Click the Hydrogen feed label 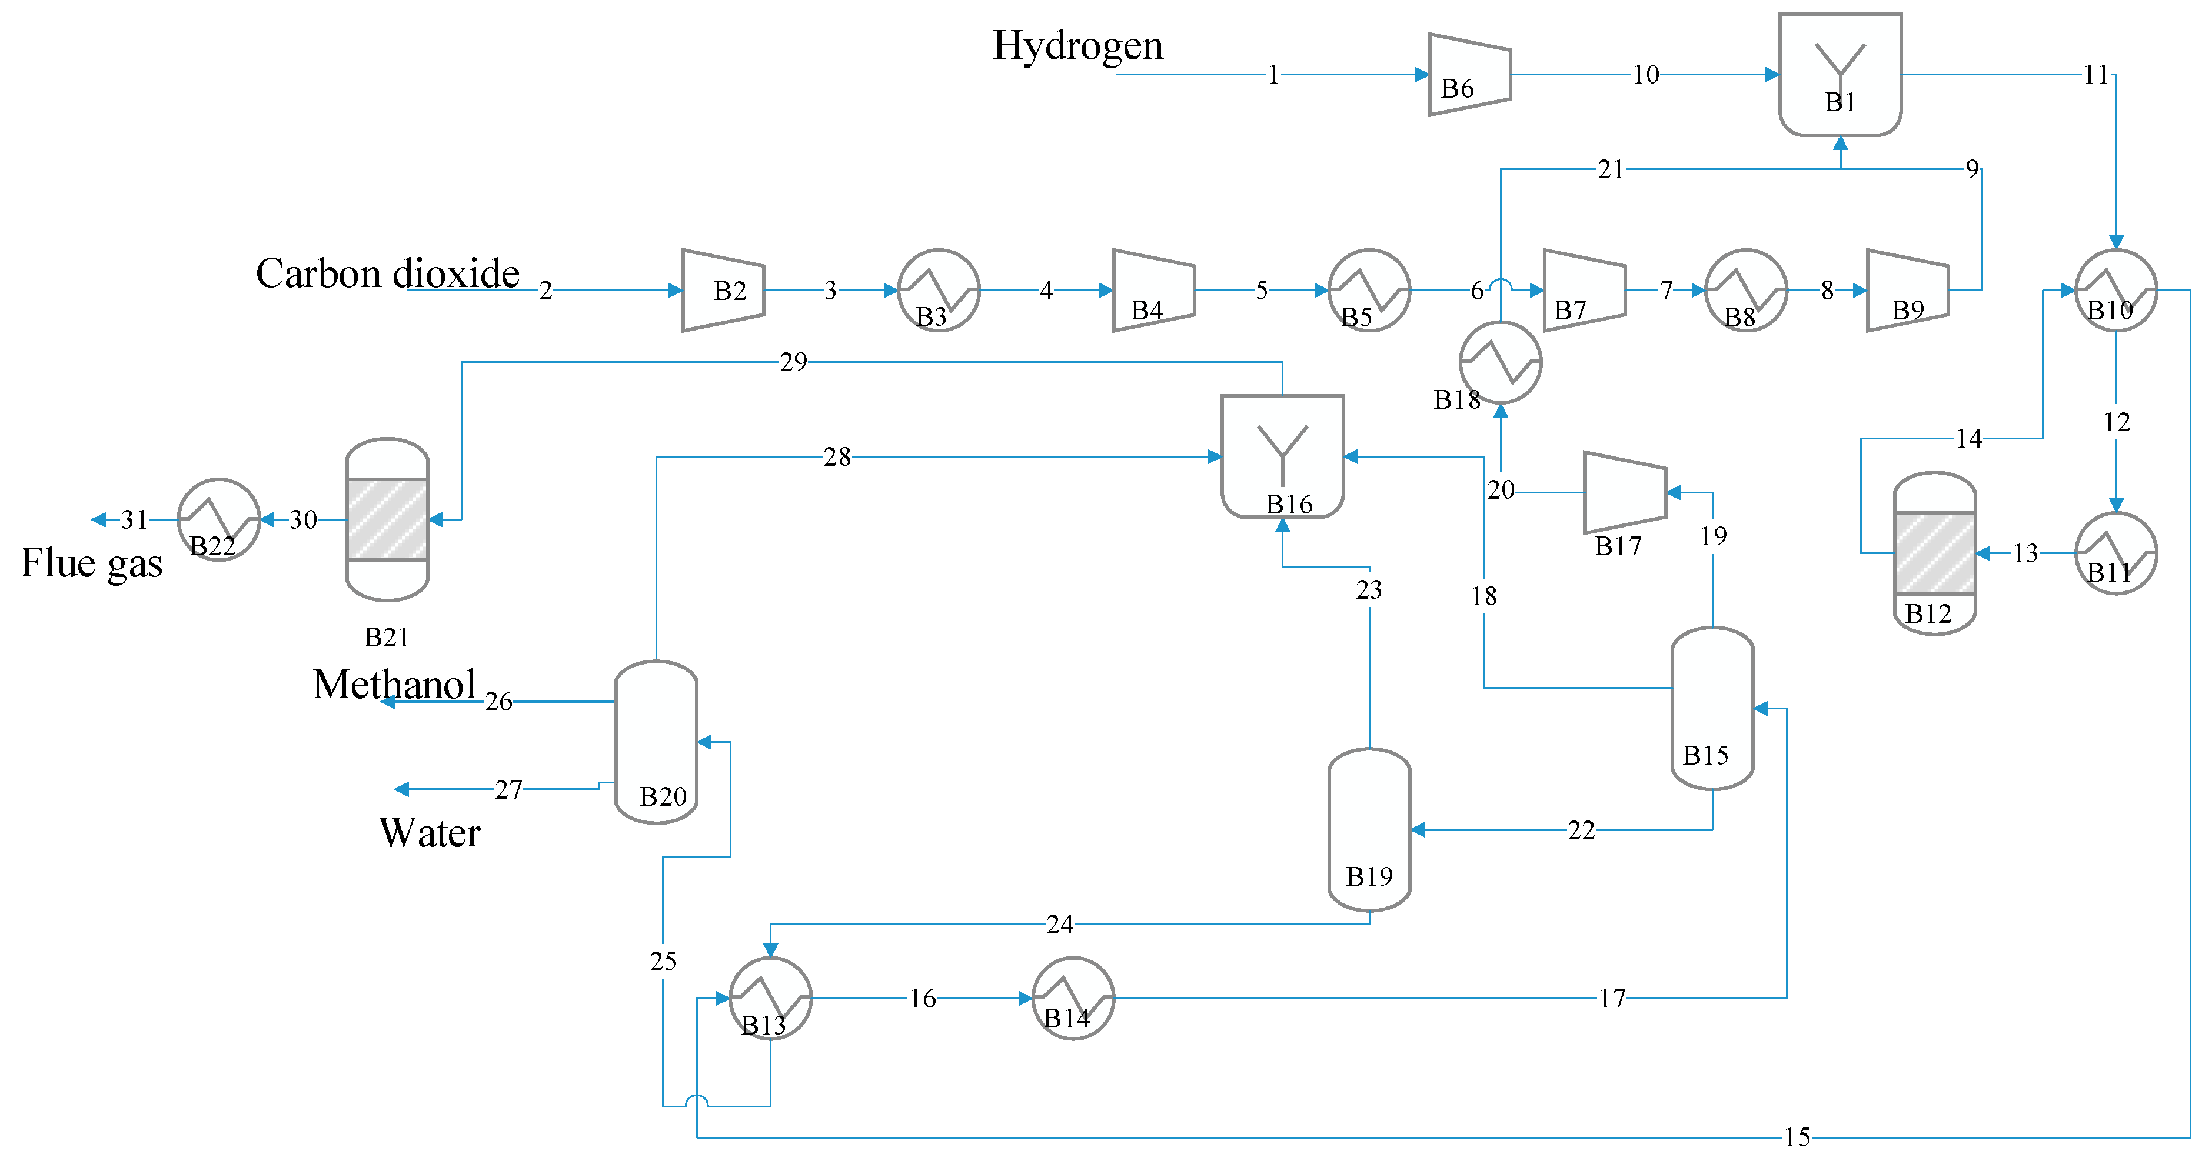coord(1077,45)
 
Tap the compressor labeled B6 coord(1468,75)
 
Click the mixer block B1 coord(1840,75)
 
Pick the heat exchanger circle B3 coord(939,290)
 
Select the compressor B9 coord(1907,290)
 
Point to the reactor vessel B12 coord(1935,553)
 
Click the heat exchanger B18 coord(1500,362)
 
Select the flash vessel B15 coord(1712,708)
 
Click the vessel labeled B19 coord(1369,829)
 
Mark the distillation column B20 coord(656,742)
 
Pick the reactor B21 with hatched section coord(387,519)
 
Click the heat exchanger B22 coord(218,519)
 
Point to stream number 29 coord(793,362)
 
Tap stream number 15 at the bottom coord(1797,1137)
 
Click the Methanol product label coord(394,684)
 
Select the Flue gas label coord(91,563)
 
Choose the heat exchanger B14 coord(1073,999)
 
